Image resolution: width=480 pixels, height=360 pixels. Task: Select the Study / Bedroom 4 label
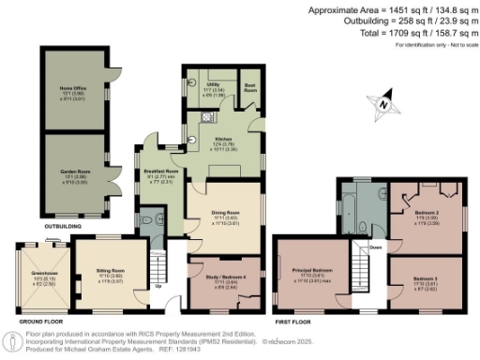click(x=225, y=278)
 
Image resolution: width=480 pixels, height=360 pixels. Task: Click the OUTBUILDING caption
click(x=62, y=227)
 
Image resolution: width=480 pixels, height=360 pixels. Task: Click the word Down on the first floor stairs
click(x=374, y=248)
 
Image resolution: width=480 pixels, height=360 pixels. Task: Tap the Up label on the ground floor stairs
click(x=157, y=285)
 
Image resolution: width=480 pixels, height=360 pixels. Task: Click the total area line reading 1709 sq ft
click(x=413, y=32)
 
